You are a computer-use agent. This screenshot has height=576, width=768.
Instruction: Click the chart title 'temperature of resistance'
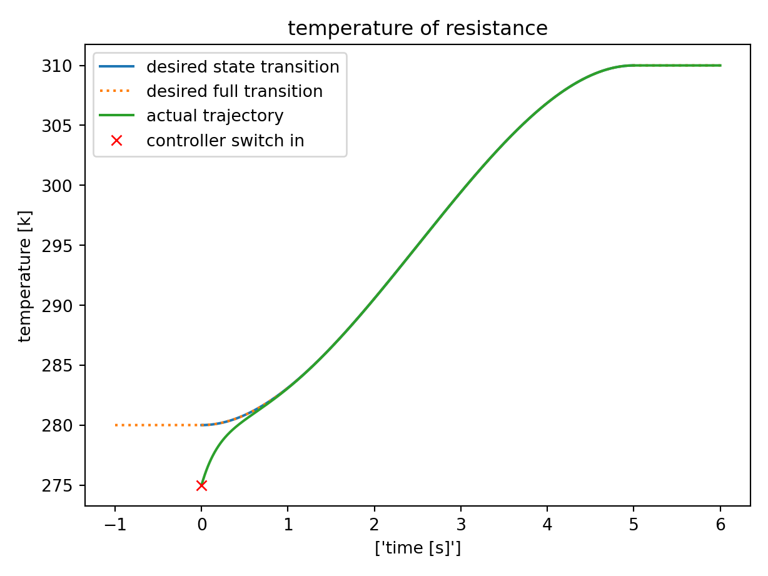tap(417, 29)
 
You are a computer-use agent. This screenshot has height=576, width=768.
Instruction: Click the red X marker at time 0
tap(201, 485)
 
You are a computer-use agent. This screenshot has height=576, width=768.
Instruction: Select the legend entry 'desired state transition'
tap(243, 66)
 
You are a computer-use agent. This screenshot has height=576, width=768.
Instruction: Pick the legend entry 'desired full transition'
tap(235, 91)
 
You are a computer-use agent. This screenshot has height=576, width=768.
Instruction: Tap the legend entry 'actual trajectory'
tap(215, 116)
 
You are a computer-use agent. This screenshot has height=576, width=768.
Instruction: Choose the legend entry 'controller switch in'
tap(225, 141)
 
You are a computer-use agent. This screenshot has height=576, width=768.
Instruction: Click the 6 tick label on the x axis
tap(720, 523)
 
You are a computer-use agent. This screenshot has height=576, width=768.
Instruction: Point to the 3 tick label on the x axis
tap(461, 523)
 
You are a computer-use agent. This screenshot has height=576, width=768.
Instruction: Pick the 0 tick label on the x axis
tap(201, 523)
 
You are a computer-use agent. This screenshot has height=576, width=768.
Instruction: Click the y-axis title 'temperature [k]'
tap(25, 276)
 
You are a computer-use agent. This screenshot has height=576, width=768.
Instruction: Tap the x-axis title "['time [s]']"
tap(417, 548)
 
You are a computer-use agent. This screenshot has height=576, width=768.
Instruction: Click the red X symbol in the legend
tap(116, 141)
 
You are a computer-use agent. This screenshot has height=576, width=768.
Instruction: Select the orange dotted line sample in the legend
tap(116, 91)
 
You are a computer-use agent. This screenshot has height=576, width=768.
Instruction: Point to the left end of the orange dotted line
tap(116, 425)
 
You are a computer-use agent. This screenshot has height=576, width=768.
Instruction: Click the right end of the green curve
tap(720, 66)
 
